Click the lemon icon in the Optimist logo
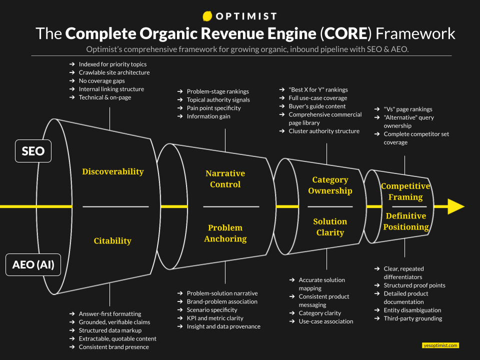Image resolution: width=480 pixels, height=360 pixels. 207,16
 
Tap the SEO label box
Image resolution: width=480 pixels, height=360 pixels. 33,151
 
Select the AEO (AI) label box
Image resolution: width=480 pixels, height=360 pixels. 33,265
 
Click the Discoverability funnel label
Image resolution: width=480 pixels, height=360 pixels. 112,171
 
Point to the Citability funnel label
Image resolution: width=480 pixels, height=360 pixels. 112,240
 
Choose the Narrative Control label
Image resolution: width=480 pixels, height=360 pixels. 225,179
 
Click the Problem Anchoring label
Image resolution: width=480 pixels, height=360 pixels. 225,233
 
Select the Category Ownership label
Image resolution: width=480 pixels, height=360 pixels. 330,185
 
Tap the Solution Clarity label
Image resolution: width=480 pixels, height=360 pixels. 330,227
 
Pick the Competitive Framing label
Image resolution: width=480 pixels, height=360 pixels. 405,191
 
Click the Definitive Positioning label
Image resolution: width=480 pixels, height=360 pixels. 405,221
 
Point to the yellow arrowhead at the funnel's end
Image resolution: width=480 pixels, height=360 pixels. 455,206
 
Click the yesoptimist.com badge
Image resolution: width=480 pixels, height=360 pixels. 440,345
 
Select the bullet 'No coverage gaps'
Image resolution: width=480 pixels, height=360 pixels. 101,80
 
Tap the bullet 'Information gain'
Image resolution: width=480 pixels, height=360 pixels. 208,116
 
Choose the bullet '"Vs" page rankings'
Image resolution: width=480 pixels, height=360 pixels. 408,109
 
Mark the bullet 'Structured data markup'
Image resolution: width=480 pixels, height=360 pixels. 110,330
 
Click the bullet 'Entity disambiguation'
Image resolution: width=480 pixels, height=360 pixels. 412,310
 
